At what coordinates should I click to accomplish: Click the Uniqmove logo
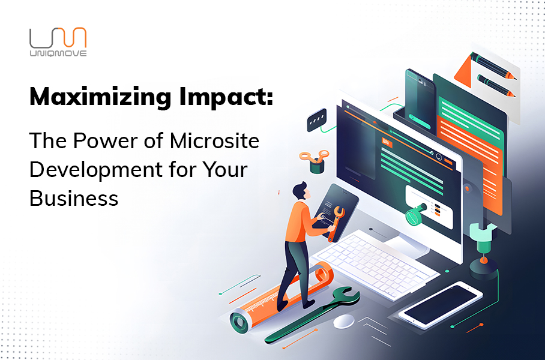pos(58,41)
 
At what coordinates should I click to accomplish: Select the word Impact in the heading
pos(226,97)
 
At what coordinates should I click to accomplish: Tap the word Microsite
pos(214,141)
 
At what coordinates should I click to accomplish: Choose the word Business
pos(74,199)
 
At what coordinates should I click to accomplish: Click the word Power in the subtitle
pos(113,141)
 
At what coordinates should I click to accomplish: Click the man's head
pos(300,191)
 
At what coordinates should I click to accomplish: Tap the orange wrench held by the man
pos(335,223)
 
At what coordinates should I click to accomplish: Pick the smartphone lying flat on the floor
pos(441,304)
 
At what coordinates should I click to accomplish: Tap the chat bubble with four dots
pos(317,120)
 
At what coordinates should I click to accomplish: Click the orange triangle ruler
pos(463,72)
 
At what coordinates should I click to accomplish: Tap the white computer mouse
pos(343,321)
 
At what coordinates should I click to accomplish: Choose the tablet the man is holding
pos(335,212)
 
